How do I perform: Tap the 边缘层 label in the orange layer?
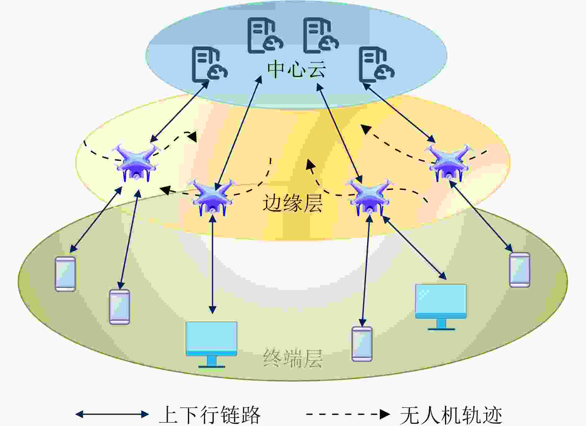pos(292,203)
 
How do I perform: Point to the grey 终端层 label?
pos(293,358)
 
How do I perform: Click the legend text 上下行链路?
pos(210,415)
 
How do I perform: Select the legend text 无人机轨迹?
pos(451,415)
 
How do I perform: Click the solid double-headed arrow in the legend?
pos(112,414)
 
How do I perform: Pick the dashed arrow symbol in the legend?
pos(348,414)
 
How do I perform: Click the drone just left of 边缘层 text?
pos(212,197)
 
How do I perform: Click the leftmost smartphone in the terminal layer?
pos(65,274)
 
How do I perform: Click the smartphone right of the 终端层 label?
pos(362,344)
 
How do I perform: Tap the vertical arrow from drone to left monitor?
pos(212,264)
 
